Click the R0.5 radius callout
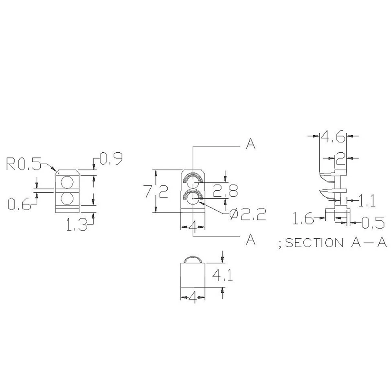point(24,165)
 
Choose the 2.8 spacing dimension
point(225,191)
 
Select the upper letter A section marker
point(251,144)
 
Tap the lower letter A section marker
point(251,240)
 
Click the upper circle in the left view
point(67,182)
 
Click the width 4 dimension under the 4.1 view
point(193,299)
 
